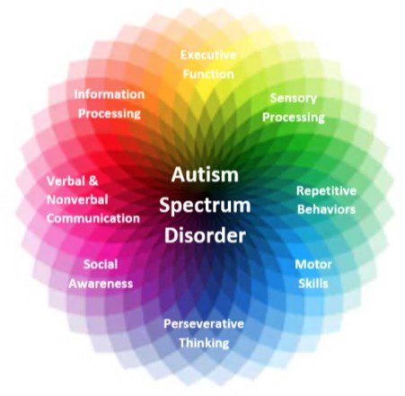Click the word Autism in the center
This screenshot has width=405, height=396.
pos(205,174)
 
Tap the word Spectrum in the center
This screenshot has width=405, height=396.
pos(205,207)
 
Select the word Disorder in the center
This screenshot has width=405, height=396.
pos(205,235)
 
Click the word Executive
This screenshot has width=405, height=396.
pos(208,55)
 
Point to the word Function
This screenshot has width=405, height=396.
pos(208,75)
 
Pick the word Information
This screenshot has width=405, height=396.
pos(110,94)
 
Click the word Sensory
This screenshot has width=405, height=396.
pos(294,99)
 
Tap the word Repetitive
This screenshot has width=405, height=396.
pos(326,191)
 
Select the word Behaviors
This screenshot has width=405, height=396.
pos(326,209)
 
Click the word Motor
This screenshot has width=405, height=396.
pos(313,265)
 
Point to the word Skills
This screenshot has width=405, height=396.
pos(313,284)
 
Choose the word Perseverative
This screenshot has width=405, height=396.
pos(204,324)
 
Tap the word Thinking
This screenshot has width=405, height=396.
pos(204,343)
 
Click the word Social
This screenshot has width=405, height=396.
pos(101,264)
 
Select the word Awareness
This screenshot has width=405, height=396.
pos(101,284)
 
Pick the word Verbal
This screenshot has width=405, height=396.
pos(66,181)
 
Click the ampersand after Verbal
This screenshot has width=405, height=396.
pos(93,181)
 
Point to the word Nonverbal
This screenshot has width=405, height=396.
pos(77,200)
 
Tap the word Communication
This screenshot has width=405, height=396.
pos(93,218)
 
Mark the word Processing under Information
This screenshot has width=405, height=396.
pos(110,114)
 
